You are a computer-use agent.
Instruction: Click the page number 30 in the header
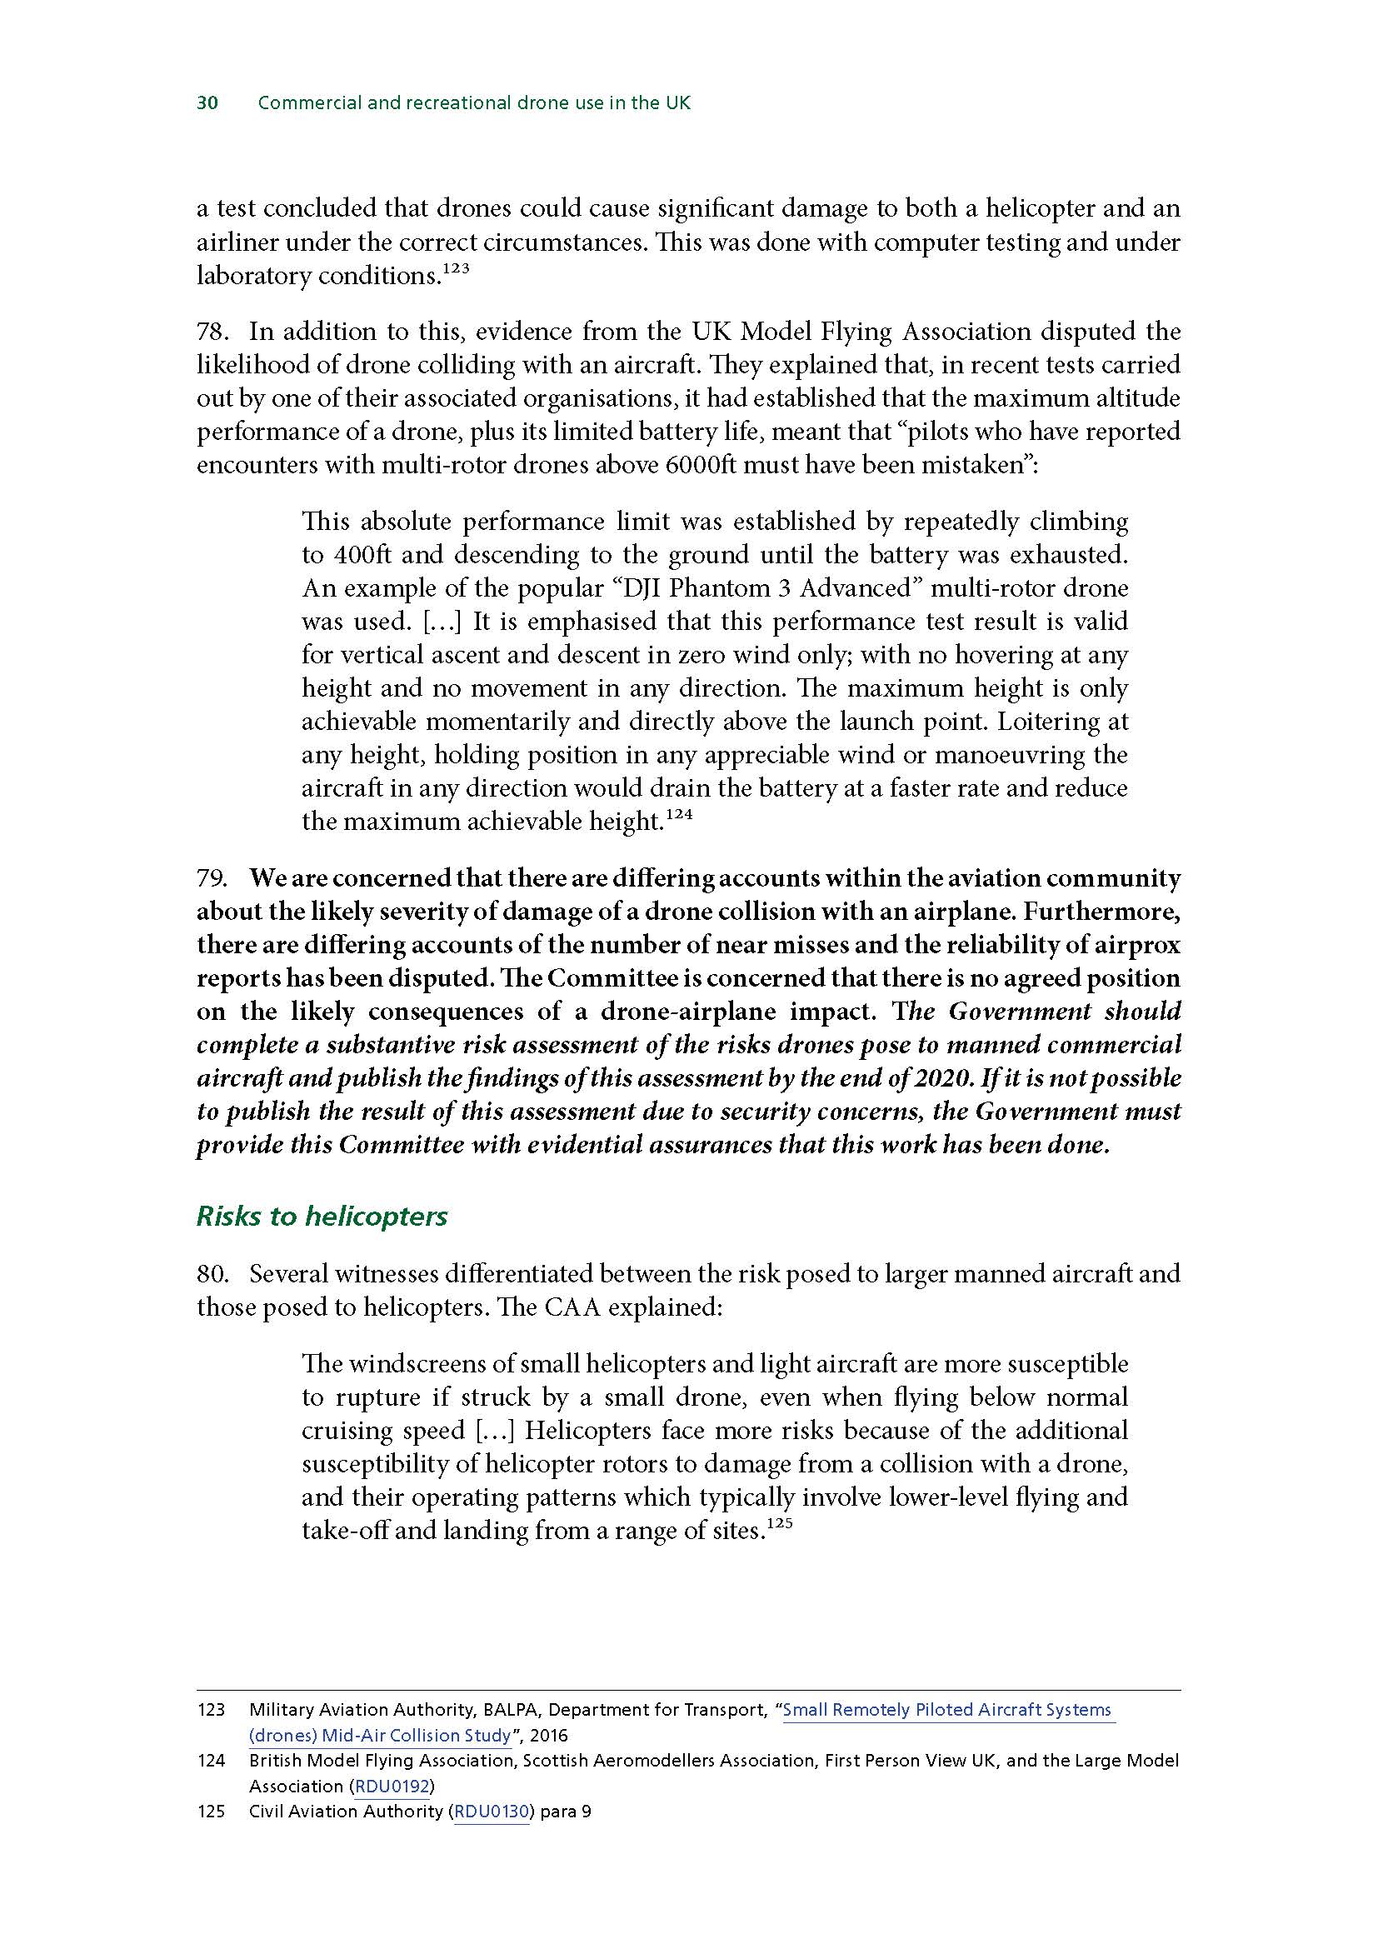(208, 103)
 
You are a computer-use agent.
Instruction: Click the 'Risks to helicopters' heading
(322, 1216)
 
